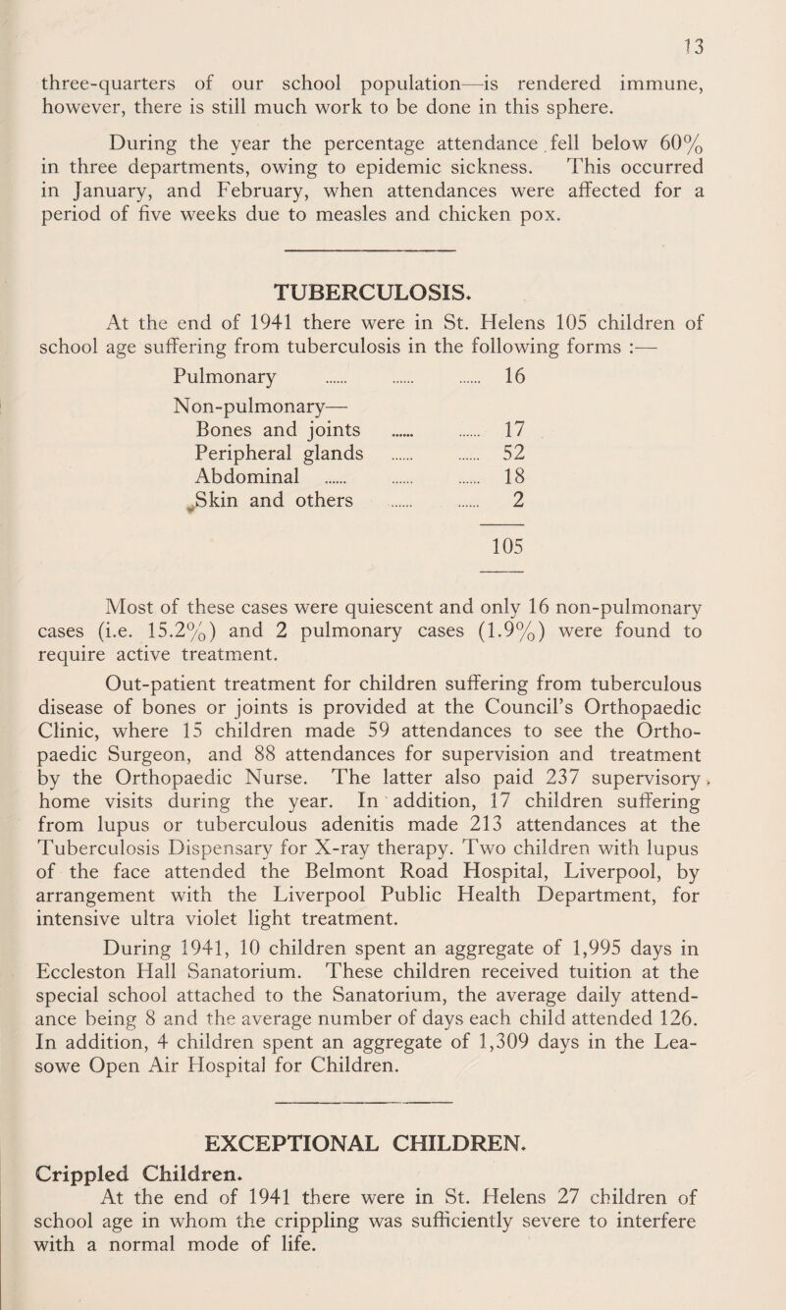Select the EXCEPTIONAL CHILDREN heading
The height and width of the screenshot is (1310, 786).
392,1163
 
